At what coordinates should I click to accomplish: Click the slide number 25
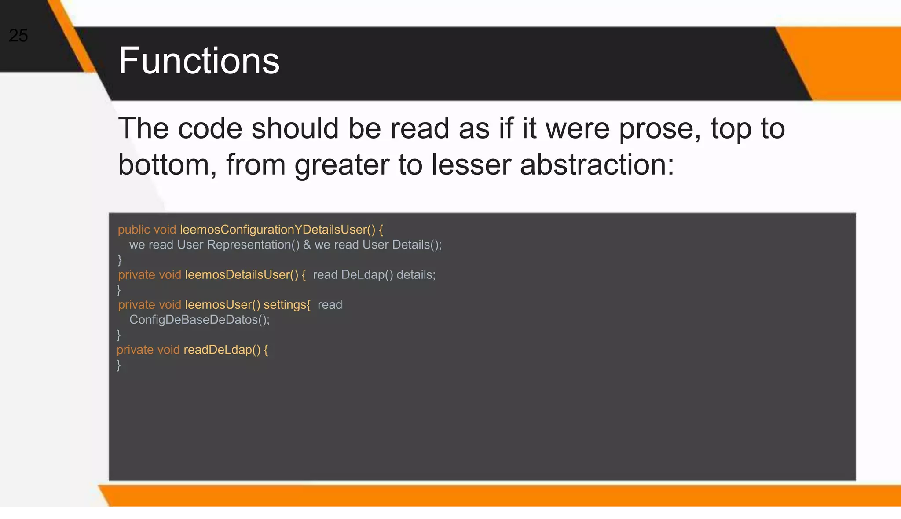pos(18,36)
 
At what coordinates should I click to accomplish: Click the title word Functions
pos(199,61)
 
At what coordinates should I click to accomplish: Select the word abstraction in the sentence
pos(597,165)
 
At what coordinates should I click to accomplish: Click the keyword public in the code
pos(134,230)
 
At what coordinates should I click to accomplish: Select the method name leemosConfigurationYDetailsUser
pos(273,230)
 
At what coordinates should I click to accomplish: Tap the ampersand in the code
pos(307,245)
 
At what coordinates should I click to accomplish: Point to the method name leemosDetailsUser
pos(242,275)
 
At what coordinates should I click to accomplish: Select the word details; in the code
pos(416,275)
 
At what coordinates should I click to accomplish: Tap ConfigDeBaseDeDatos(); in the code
pos(199,320)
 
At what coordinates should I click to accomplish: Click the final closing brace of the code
pos(118,365)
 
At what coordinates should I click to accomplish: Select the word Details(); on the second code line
pos(417,245)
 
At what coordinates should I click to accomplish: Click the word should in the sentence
pos(295,128)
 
